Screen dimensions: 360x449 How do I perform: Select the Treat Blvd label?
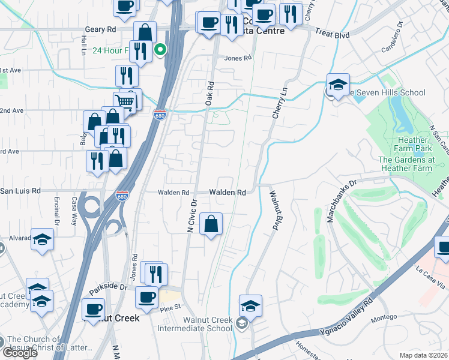(332, 35)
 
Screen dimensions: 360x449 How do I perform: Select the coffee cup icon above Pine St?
(146, 296)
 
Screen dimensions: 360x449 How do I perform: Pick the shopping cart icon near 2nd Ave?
(124, 101)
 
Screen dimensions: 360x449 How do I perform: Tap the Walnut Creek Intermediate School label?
(194, 323)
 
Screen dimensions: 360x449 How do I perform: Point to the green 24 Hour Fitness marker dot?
(160, 50)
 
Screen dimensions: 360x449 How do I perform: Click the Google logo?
(20, 353)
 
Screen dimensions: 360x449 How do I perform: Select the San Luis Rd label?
(20, 191)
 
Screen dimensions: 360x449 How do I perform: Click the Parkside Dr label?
(109, 288)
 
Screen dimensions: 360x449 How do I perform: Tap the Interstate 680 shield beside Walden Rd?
(121, 196)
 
